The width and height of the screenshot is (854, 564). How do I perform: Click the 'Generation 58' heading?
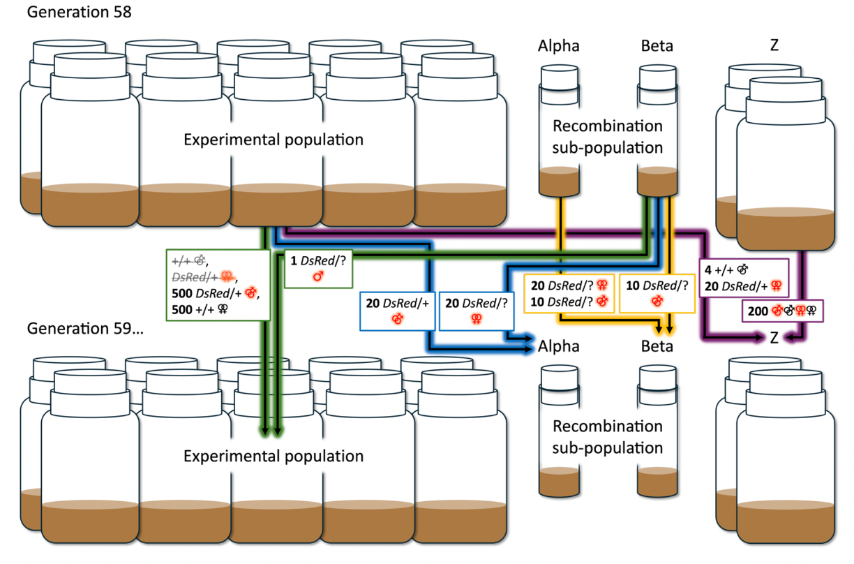[69, 13]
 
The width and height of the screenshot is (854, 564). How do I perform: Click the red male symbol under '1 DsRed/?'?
[318, 276]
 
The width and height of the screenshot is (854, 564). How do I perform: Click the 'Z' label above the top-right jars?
[774, 46]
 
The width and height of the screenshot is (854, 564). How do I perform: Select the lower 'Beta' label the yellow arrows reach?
[657, 346]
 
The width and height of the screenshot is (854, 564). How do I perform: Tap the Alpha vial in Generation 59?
[560, 433]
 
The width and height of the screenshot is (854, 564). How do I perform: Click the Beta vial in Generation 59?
[657, 433]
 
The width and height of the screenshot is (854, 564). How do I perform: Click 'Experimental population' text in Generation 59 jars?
[274, 457]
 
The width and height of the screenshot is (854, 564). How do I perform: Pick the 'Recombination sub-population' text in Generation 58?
[607, 137]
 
